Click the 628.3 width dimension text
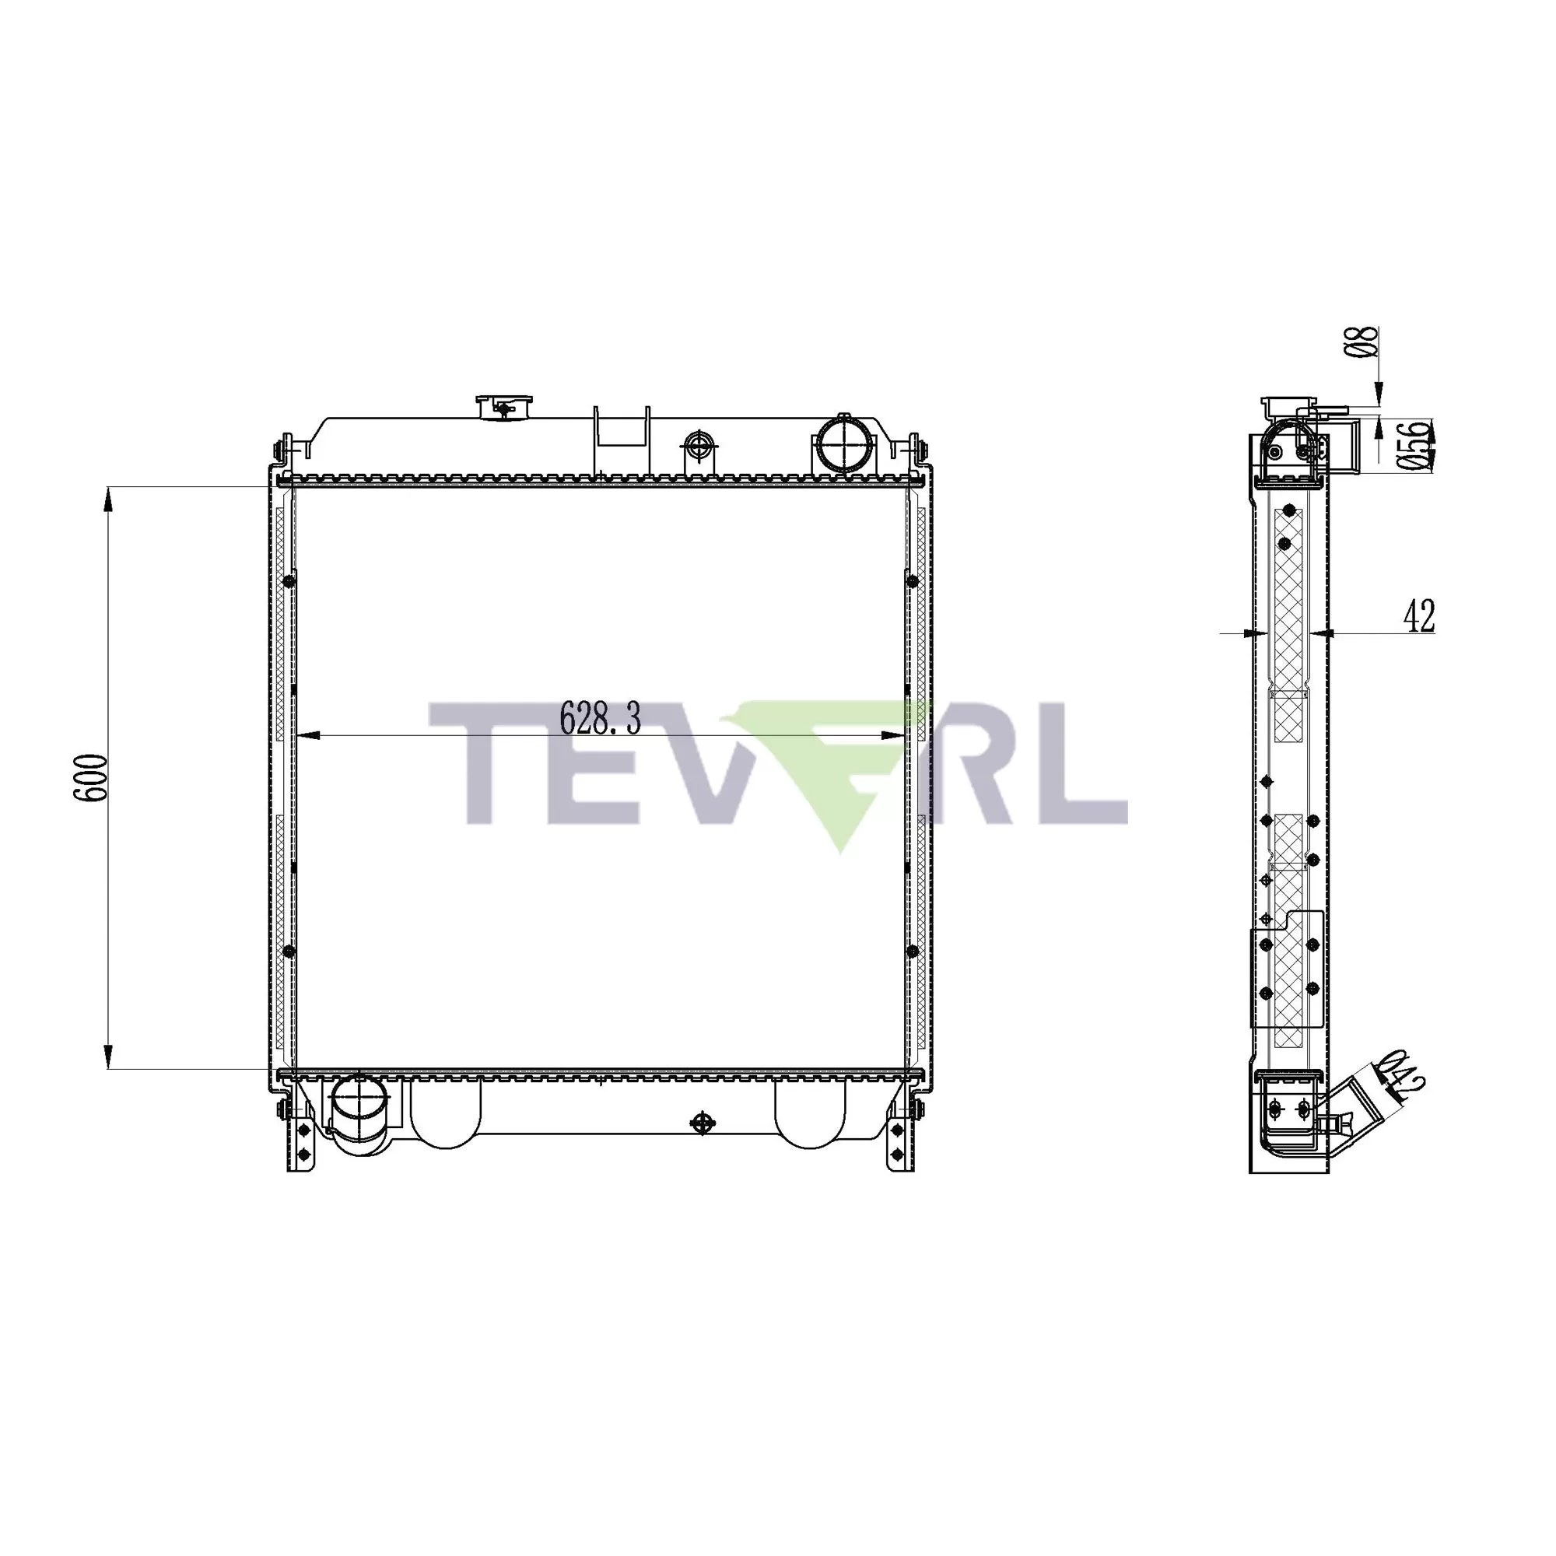600,718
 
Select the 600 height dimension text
90,778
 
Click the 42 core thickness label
1419,617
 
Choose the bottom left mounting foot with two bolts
303,1141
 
